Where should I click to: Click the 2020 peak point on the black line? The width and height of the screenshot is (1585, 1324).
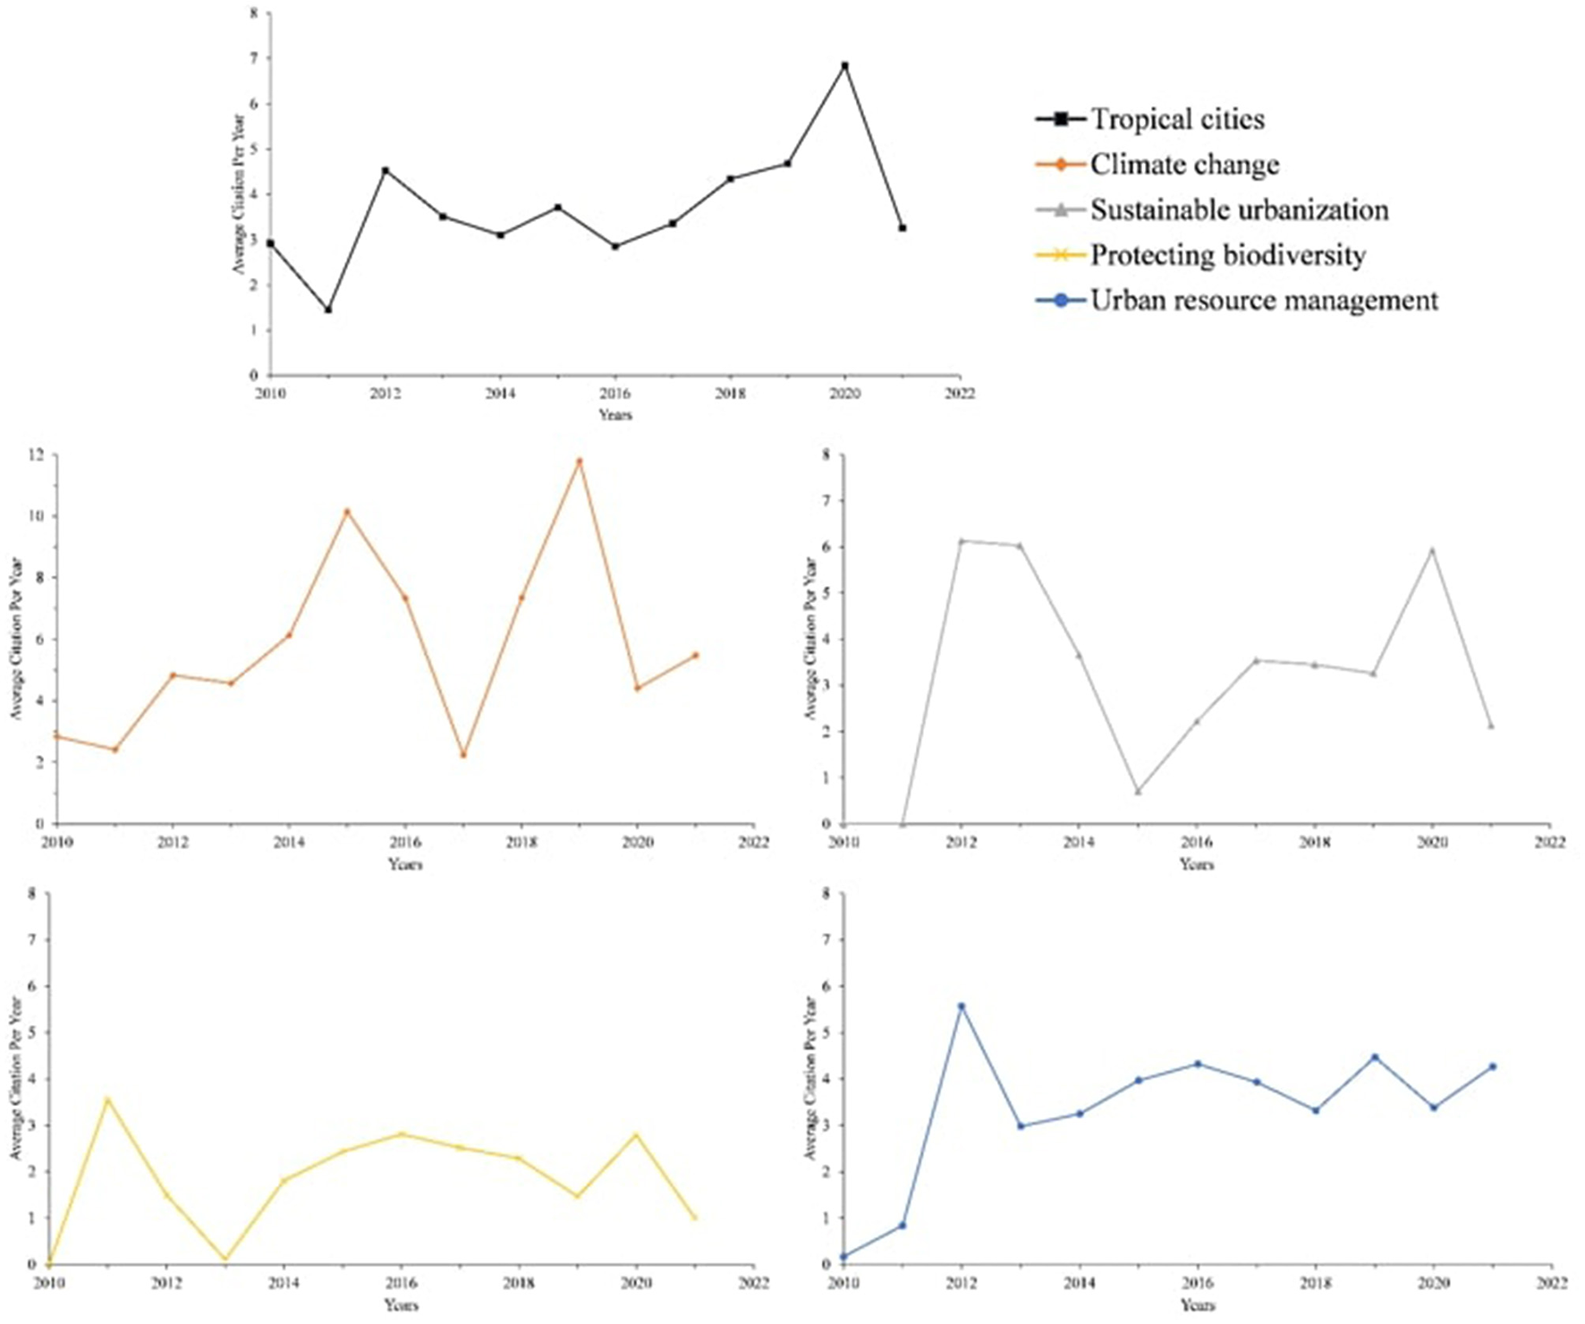(844, 65)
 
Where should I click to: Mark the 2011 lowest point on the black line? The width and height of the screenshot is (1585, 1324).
(328, 310)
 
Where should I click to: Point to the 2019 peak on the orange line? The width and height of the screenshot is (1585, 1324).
(580, 462)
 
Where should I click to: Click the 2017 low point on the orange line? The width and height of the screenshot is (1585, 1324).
(463, 755)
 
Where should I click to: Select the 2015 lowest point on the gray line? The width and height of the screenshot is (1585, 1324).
(1138, 792)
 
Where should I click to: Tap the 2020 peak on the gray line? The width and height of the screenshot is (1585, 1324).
(1432, 551)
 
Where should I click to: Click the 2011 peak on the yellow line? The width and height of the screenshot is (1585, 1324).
(107, 1099)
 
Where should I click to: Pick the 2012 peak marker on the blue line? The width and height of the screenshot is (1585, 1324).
(962, 1006)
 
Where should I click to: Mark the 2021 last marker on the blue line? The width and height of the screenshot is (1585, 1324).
(1493, 1066)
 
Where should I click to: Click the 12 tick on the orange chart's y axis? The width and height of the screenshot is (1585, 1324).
(36, 455)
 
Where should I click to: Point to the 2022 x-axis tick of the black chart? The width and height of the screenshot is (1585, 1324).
(960, 394)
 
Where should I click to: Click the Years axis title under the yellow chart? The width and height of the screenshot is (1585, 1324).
(402, 1305)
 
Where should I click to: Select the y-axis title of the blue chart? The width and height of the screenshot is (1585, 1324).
(810, 1078)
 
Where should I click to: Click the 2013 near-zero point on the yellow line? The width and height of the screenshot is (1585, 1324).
(225, 1260)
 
